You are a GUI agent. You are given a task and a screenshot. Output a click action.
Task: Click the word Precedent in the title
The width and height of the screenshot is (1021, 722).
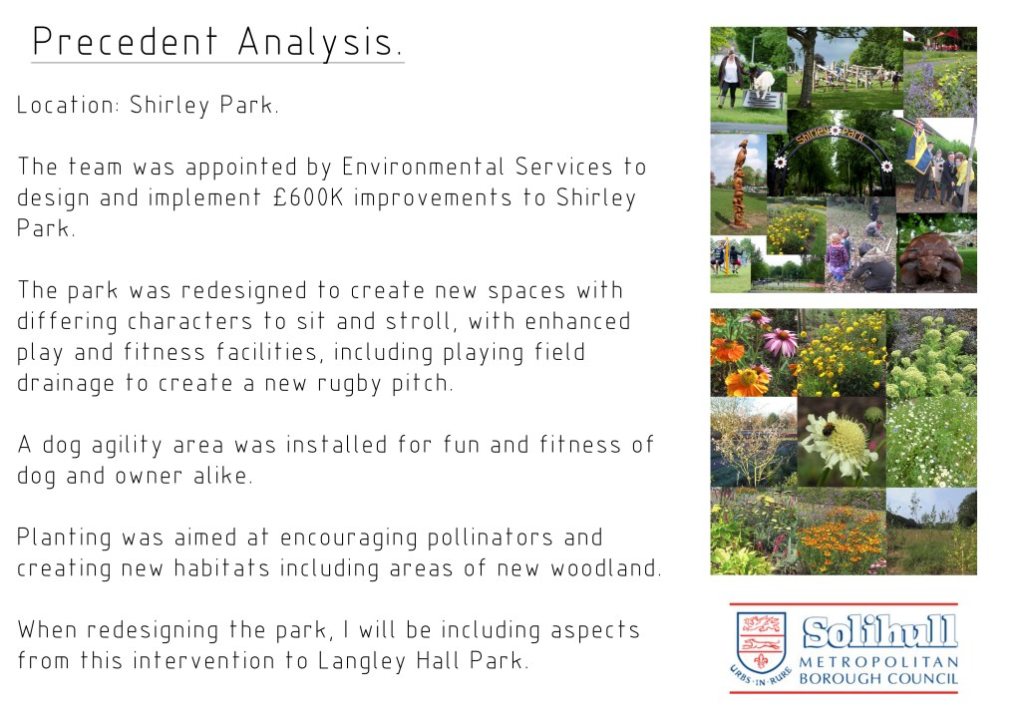point(125,42)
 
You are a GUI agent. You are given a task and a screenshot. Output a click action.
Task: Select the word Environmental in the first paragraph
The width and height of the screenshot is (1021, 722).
point(423,167)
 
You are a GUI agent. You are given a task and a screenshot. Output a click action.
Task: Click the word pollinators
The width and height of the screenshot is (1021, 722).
point(490,538)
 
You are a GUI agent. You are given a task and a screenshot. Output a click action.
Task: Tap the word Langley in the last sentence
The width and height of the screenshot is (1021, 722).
point(361,661)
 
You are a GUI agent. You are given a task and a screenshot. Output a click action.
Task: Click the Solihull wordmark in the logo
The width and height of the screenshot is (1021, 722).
point(879,632)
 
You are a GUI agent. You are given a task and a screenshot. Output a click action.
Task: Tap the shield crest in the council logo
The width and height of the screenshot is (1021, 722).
point(761,642)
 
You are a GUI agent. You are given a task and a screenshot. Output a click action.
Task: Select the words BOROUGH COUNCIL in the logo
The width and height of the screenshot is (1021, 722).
point(878,679)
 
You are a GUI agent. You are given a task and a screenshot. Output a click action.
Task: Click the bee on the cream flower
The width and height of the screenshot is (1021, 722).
point(830,430)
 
